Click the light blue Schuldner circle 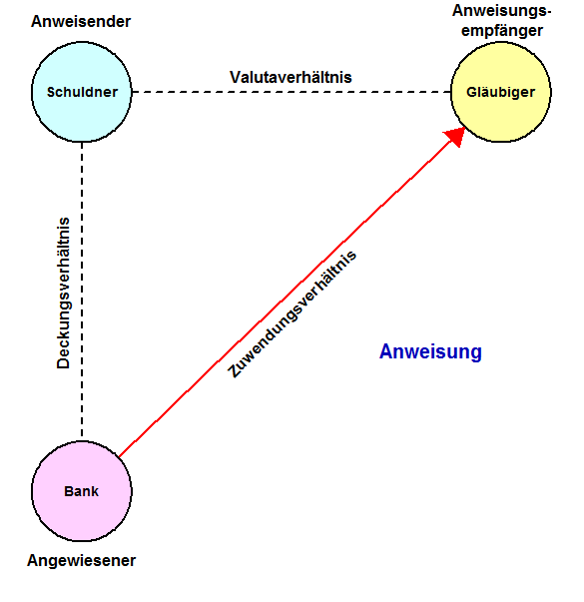coord(82,92)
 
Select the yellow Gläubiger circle coord(501,92)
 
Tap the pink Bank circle coord(82,491)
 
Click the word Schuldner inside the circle coord(82,92)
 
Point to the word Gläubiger coord(500,92)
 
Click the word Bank coord(81,491)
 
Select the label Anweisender coord(81,22)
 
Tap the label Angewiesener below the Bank coord(81,561)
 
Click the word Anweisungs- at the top coord(501,11)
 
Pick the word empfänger coord(502,31)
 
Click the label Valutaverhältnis coord(291,77)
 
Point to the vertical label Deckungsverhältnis coord(63,293)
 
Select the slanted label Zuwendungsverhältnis coord(292,314)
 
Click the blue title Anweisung coord(430,351)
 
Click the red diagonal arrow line coord(292,293)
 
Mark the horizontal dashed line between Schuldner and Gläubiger coord(292,92)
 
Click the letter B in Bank coord(69,491)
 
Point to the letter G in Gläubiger coord(471,92)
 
